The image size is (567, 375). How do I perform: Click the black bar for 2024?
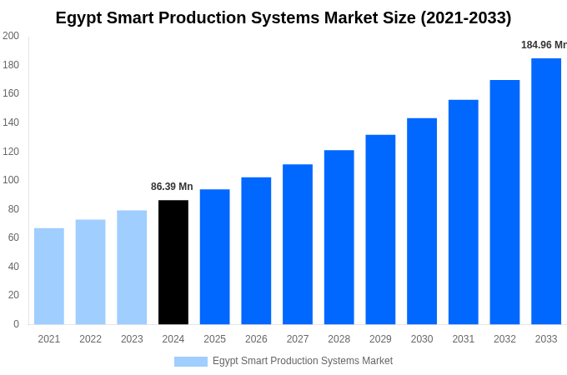[x=173, y=262]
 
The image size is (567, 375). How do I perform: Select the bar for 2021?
[x=49, y=276]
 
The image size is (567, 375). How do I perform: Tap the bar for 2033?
[x=546, y=191]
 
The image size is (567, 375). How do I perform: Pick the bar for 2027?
[x=298, y=244]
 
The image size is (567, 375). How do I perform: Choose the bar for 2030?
[x=422, y=221]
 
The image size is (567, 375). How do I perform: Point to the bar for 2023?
[x=132, y=267]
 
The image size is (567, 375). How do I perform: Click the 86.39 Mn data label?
[x=172, y=187]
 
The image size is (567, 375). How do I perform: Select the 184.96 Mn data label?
[x=544, y=45]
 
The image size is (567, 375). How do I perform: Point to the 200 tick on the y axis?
[x=11, y=36]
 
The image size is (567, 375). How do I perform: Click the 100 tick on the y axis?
[x=11, y=180]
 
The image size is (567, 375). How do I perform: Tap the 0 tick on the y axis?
[x=16, y=324]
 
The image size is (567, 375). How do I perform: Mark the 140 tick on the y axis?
[x=11, y=122]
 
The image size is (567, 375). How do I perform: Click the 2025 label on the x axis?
[x=214, y=339]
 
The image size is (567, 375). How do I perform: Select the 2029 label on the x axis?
[x=380, y=339]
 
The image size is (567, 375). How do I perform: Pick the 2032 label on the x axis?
[x=504, y=339]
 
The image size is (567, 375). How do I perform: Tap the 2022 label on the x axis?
[x=90, y=339]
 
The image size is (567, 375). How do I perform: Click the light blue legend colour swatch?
[x=190, y=361]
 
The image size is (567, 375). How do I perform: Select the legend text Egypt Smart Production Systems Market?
[x=302, y=361]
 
